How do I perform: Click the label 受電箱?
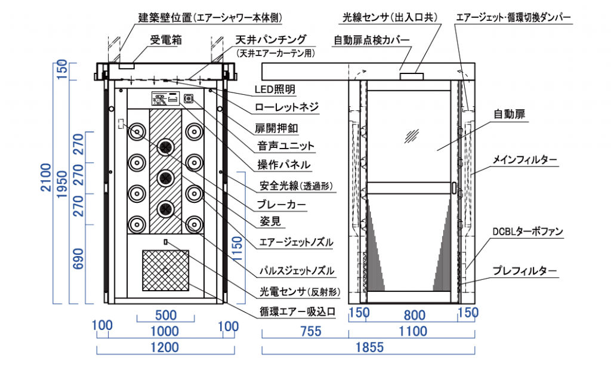(x=165, y=41)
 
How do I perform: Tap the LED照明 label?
(x=274, y=90)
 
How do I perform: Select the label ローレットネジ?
(x=286, y=108)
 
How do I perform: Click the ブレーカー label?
(x=282, y=205)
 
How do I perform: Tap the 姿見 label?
(x=270, y=223)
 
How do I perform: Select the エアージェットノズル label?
(x=295, y=242)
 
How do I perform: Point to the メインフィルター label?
(x=525, y=160)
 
